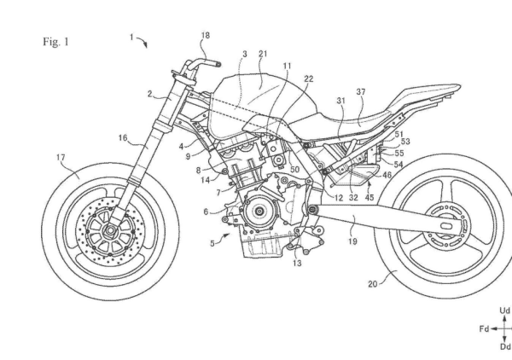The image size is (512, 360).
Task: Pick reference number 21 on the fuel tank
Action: click(261, 54)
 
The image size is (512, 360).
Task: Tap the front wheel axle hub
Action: click(113, 229)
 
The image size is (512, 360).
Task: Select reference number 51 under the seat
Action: click(400, 133)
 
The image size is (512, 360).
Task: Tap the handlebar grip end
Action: click(215, 62)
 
